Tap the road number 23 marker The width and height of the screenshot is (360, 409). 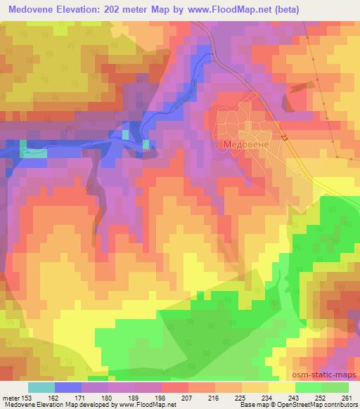coord(284,141)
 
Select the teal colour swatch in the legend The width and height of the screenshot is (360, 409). coord(41,387)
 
